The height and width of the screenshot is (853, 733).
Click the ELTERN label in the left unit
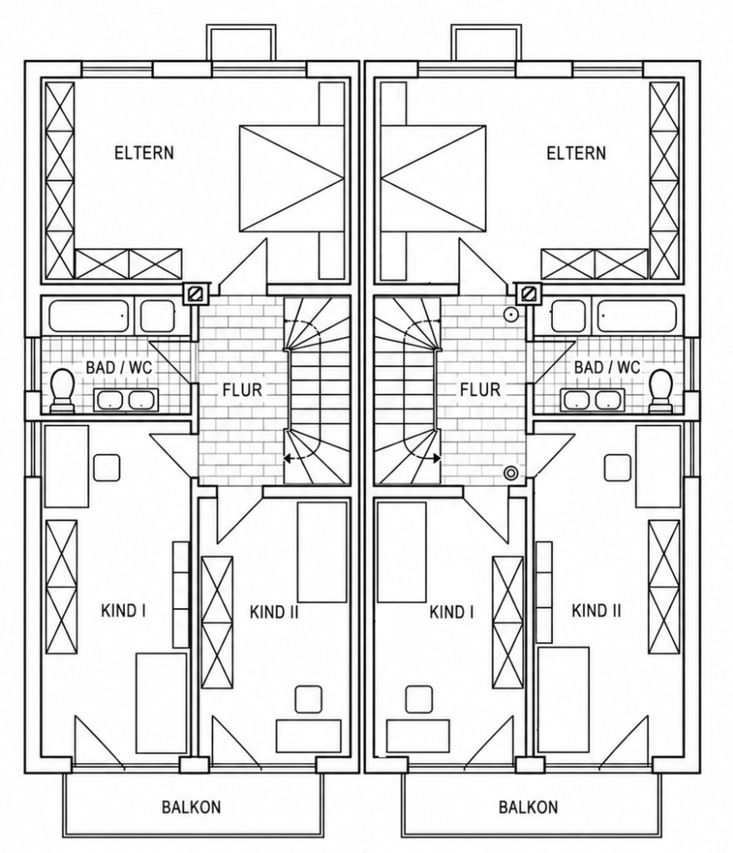click(x=144, y=152)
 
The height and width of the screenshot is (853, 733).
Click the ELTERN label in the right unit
click(x=576, y=152)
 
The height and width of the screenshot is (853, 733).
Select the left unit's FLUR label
click(x=242, y=390)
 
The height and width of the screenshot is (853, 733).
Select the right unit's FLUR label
click(x=480, y=390)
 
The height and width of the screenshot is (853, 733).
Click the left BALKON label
click(x=192, y=806)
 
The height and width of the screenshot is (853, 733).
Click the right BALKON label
click(x=528, y=806)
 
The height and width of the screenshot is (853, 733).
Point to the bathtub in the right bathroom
click(x=637, y=315)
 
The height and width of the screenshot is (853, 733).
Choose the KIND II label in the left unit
click(x=274, y=612)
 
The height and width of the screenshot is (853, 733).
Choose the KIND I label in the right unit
click(x=451, y=612)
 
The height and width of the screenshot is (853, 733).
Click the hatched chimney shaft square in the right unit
click(x=527, y=294)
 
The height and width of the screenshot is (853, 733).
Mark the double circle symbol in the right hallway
click(x=511, y=473)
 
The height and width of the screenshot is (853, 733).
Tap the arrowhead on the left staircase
click(x=288, y=459)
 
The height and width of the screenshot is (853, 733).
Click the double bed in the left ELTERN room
click(x=292, y=180)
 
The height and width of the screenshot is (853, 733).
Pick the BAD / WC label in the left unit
click(x=119, y=367)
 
